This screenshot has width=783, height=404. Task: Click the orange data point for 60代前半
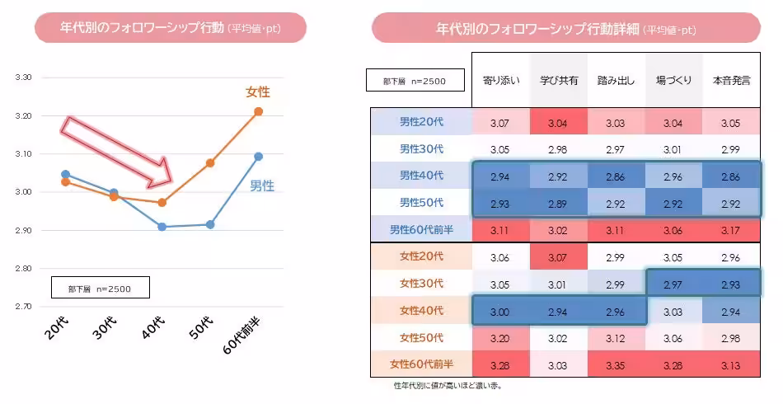coord(258,111)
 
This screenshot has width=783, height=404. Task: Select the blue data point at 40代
coord(162,226)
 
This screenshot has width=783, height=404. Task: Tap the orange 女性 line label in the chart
coord(257,92)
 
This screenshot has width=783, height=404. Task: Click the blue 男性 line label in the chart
coord(262,186)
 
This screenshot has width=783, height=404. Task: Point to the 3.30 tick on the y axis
coord(23,78)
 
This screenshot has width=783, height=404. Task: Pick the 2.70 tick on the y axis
coord(23,307)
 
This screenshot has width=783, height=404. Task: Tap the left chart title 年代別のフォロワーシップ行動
coord(169,29)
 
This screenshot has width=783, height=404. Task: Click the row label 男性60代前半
coord(421,228)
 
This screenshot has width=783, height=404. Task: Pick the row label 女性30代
coord(421,284)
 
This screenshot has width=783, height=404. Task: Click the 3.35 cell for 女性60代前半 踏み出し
coord(616,363)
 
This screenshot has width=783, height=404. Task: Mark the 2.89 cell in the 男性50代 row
coord(558,202)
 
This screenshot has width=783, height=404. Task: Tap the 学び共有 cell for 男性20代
coord(558,122)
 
